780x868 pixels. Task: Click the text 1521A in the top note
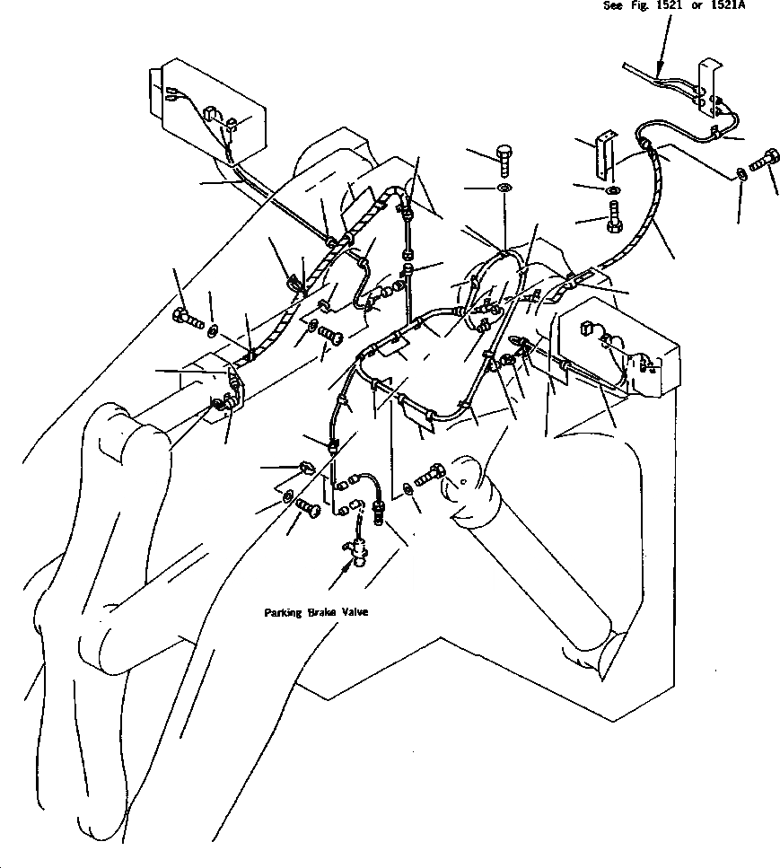tap(726, 5)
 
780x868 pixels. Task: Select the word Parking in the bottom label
tap(284, 612)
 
